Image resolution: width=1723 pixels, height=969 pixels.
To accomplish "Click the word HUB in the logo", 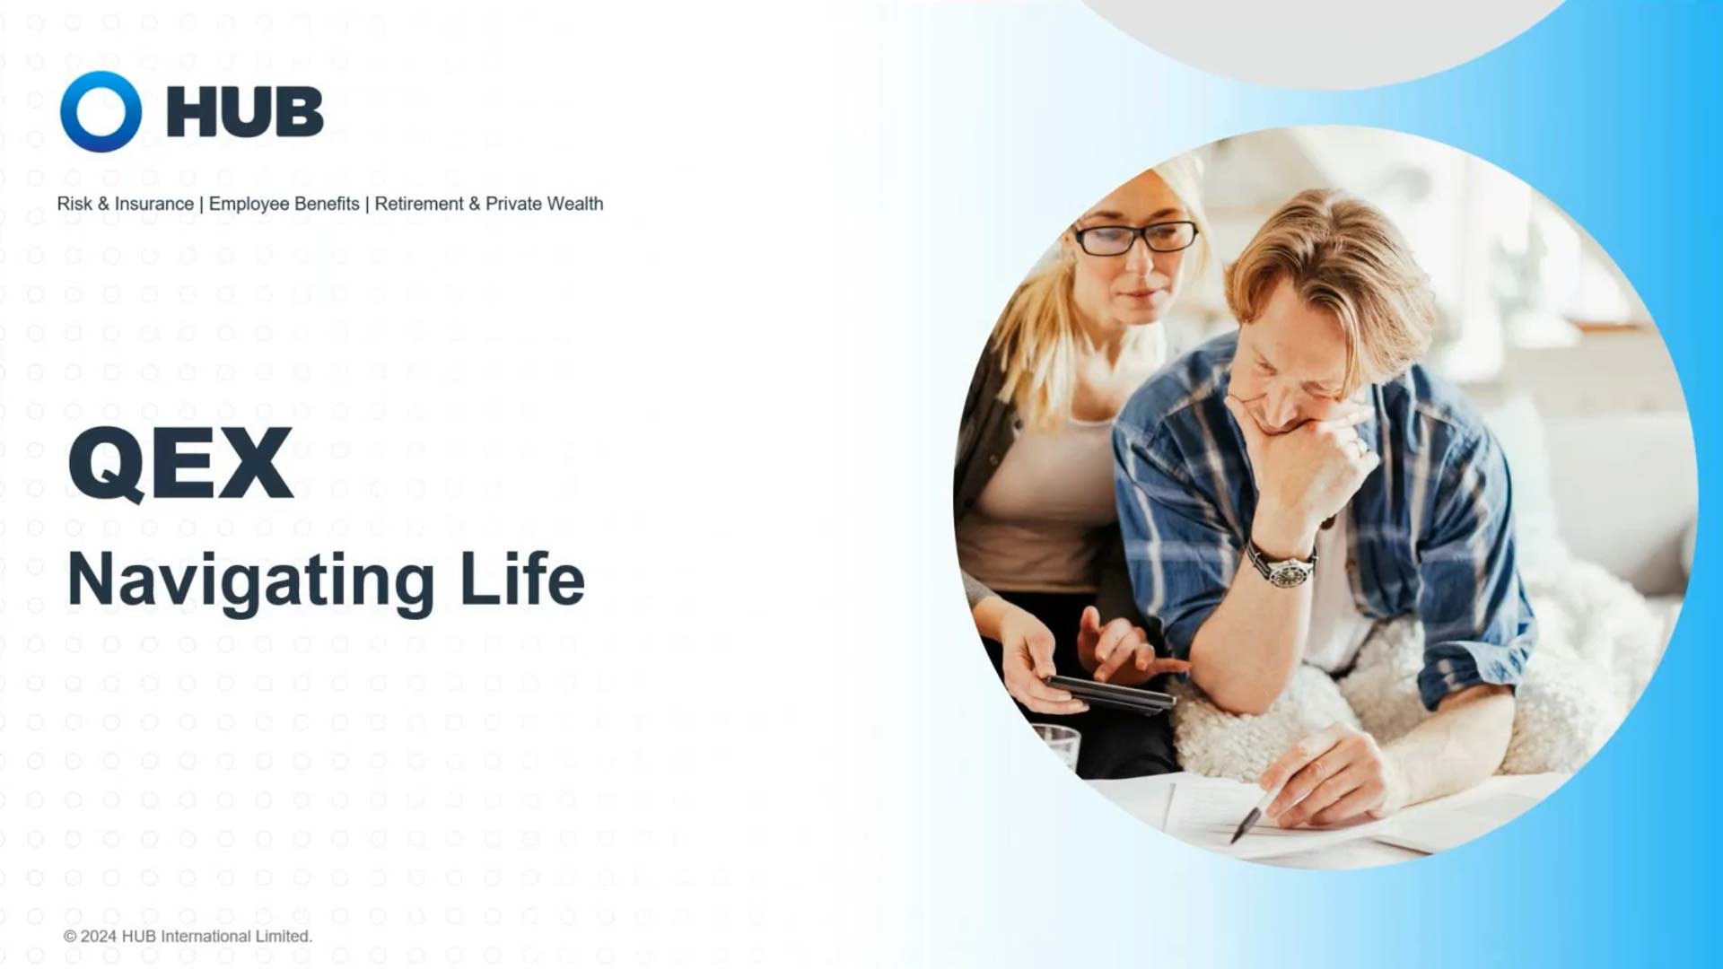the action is [245, 113].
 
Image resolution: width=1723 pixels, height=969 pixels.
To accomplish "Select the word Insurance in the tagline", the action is [153, 204].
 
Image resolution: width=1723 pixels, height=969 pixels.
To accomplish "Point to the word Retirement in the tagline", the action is [419, 204].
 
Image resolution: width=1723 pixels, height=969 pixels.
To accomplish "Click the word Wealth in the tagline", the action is [575, 204].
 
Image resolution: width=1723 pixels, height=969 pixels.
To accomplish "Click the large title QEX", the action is [180, 464].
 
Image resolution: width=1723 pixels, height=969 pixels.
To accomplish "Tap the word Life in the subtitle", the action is [522, 580].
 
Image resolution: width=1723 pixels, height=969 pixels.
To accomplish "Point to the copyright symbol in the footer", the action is [70, 937].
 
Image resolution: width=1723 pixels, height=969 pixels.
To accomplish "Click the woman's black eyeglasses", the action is [1135, 237].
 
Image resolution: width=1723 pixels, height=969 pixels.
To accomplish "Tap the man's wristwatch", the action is [1281, 565].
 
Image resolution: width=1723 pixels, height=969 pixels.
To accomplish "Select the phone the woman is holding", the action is [1111, 694].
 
